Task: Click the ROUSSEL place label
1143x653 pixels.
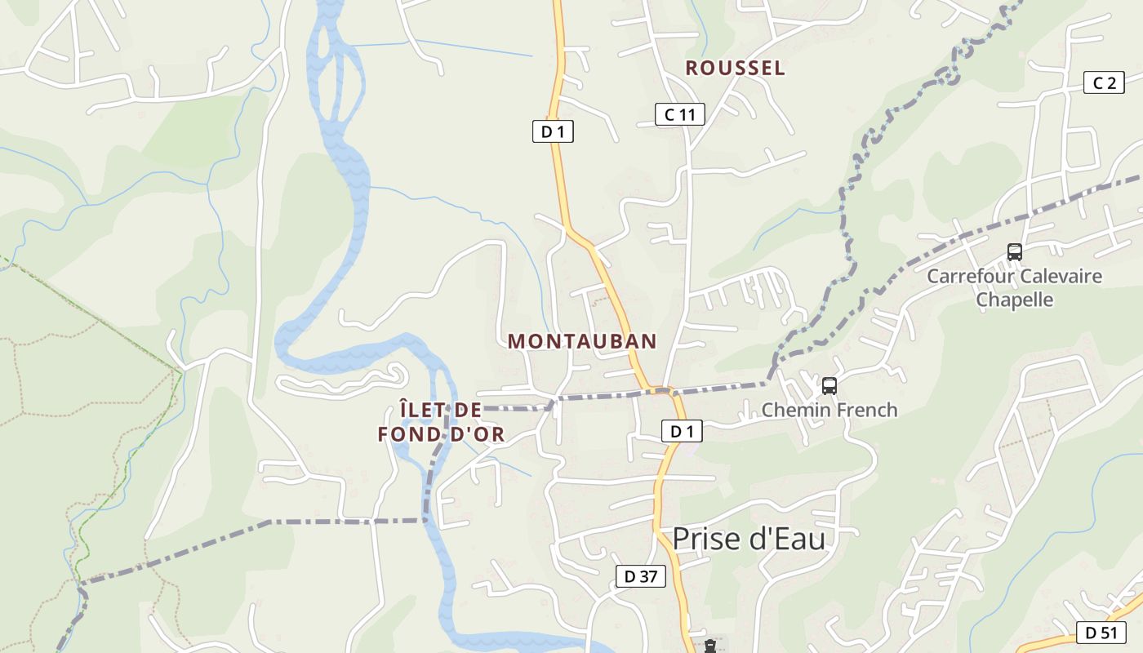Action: [x=735, y=69]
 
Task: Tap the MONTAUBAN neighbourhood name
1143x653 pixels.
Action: [x=582, y=341]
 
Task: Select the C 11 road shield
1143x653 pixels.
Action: [x=679, y=114]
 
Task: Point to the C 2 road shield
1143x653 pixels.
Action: [x=1104, y=82]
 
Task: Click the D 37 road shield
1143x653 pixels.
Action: [x=640, y=576]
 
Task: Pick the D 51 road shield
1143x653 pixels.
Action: [x=1101, y=632]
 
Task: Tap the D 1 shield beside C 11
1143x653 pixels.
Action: [x=553, y=131]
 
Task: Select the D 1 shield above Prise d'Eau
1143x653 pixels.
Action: [x=681, y=431]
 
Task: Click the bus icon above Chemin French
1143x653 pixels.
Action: [x=829, y=386]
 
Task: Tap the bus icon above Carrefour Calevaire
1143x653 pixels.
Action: [x=1015, y=252]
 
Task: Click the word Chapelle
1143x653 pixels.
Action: [x=1015, y=300]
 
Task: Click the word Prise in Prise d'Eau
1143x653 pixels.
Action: [x=707, y=539]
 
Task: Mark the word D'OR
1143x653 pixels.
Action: [x=478, y=435]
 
